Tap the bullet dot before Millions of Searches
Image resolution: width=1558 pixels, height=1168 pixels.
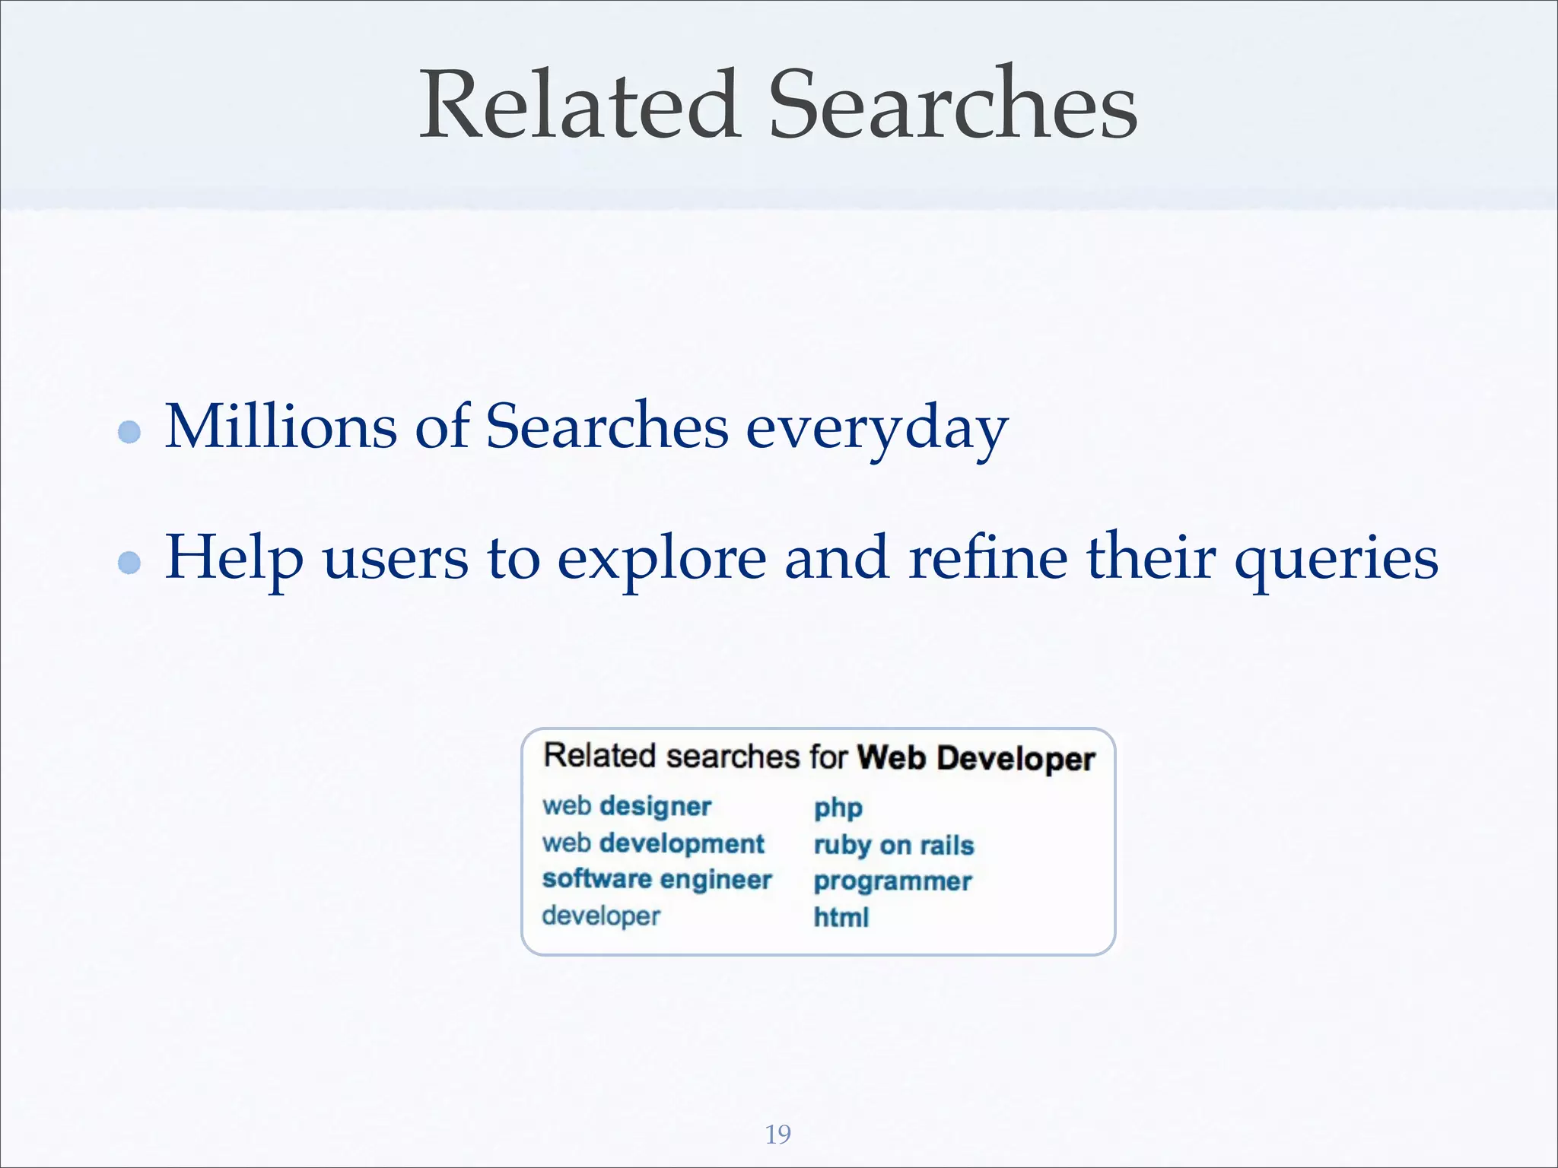(130, 432)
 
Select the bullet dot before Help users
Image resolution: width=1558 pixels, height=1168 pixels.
(130, 563)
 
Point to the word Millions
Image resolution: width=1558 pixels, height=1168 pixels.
(281, 427)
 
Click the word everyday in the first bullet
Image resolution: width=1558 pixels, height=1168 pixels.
(876, 430)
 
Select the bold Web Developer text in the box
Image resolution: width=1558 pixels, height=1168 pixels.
(976, 758)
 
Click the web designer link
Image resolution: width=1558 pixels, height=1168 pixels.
(627, 806)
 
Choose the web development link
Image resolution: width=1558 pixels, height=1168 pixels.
(653, 843)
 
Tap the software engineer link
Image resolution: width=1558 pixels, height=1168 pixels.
(657, 879)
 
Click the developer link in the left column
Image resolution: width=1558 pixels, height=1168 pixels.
(601, 916)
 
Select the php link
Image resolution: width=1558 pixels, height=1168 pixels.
(838, 808)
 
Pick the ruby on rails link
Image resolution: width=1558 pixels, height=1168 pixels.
(894, 846)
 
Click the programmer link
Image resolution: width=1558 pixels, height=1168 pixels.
(892, 882)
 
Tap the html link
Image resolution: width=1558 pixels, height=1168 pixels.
(841, 918)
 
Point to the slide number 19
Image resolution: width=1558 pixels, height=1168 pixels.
(777, 1134)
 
